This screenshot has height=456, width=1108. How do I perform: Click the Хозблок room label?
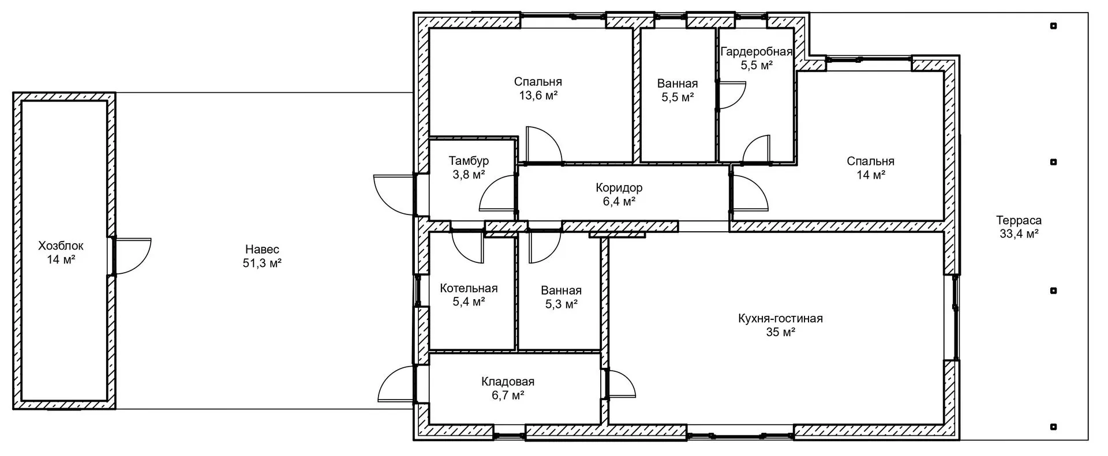tap(61, 246)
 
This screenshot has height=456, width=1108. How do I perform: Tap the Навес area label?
tap(262, 250)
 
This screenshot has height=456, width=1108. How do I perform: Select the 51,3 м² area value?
tap(262, 263)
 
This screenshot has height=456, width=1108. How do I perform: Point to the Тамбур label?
tap(469, 160)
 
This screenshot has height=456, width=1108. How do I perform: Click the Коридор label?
tap(619, 188)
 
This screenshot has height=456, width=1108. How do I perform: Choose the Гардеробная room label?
tap(757, 52)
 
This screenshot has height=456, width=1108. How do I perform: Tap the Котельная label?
tap(469, 288)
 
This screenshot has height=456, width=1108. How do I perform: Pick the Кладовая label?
tap(508, 382)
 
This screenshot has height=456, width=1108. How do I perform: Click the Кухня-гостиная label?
tap(780, 318)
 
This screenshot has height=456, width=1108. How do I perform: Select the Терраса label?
tap(1019, 220)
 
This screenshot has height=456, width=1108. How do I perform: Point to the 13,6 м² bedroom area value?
tap(538, 96)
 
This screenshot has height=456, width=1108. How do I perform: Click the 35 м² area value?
tap(780, 332)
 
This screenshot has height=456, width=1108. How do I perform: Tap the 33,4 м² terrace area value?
tap(1019, 234)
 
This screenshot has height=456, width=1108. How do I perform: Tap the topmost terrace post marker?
tap(1053, 26)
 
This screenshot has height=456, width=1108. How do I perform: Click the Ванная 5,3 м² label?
tap(561, 291)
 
